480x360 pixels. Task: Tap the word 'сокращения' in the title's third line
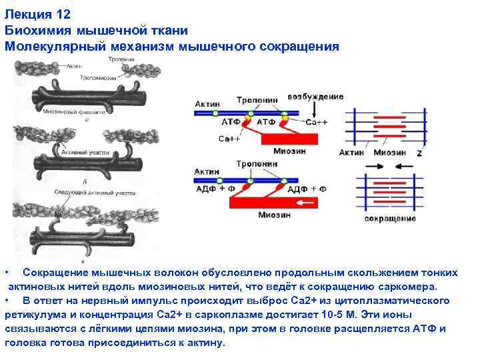click(x=303, y=47)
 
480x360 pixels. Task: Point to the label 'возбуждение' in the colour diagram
click(x=315, y=97)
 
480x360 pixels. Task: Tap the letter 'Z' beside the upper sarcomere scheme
click(x=419, y=153)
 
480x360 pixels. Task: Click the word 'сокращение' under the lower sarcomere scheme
click(x=390, y=218)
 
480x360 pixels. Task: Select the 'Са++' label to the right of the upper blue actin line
click(x=315, y=123)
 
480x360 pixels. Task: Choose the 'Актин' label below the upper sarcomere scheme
click(x=351, y=153)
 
